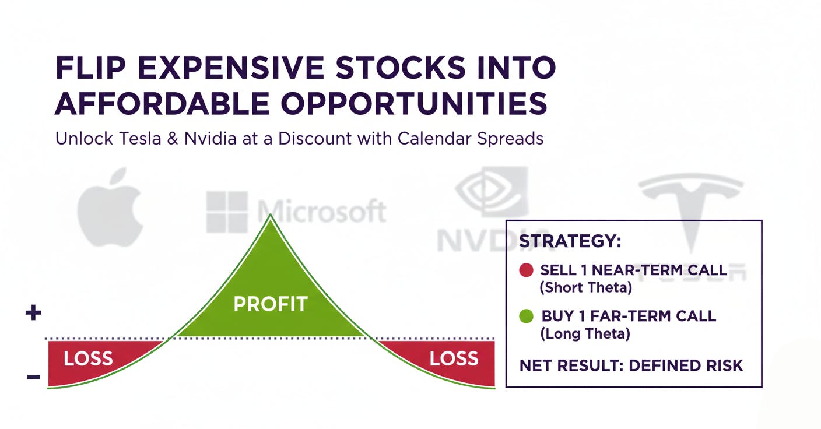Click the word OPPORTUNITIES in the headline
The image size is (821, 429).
[413, 104]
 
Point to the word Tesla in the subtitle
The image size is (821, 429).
[145, 139]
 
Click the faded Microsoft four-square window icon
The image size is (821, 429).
[227, 212]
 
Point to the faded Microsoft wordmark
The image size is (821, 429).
[321, 212]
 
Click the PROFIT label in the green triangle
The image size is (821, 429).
[270, 304]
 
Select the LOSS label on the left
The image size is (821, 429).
[87, 358]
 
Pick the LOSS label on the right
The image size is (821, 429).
[454, 358]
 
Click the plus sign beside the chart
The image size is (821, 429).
[33, 314]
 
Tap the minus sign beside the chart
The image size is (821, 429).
[33, 377]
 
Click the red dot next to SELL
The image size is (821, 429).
[526, 270]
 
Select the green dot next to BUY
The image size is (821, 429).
[526, 317]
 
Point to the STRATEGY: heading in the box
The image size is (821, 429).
[570, 241]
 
